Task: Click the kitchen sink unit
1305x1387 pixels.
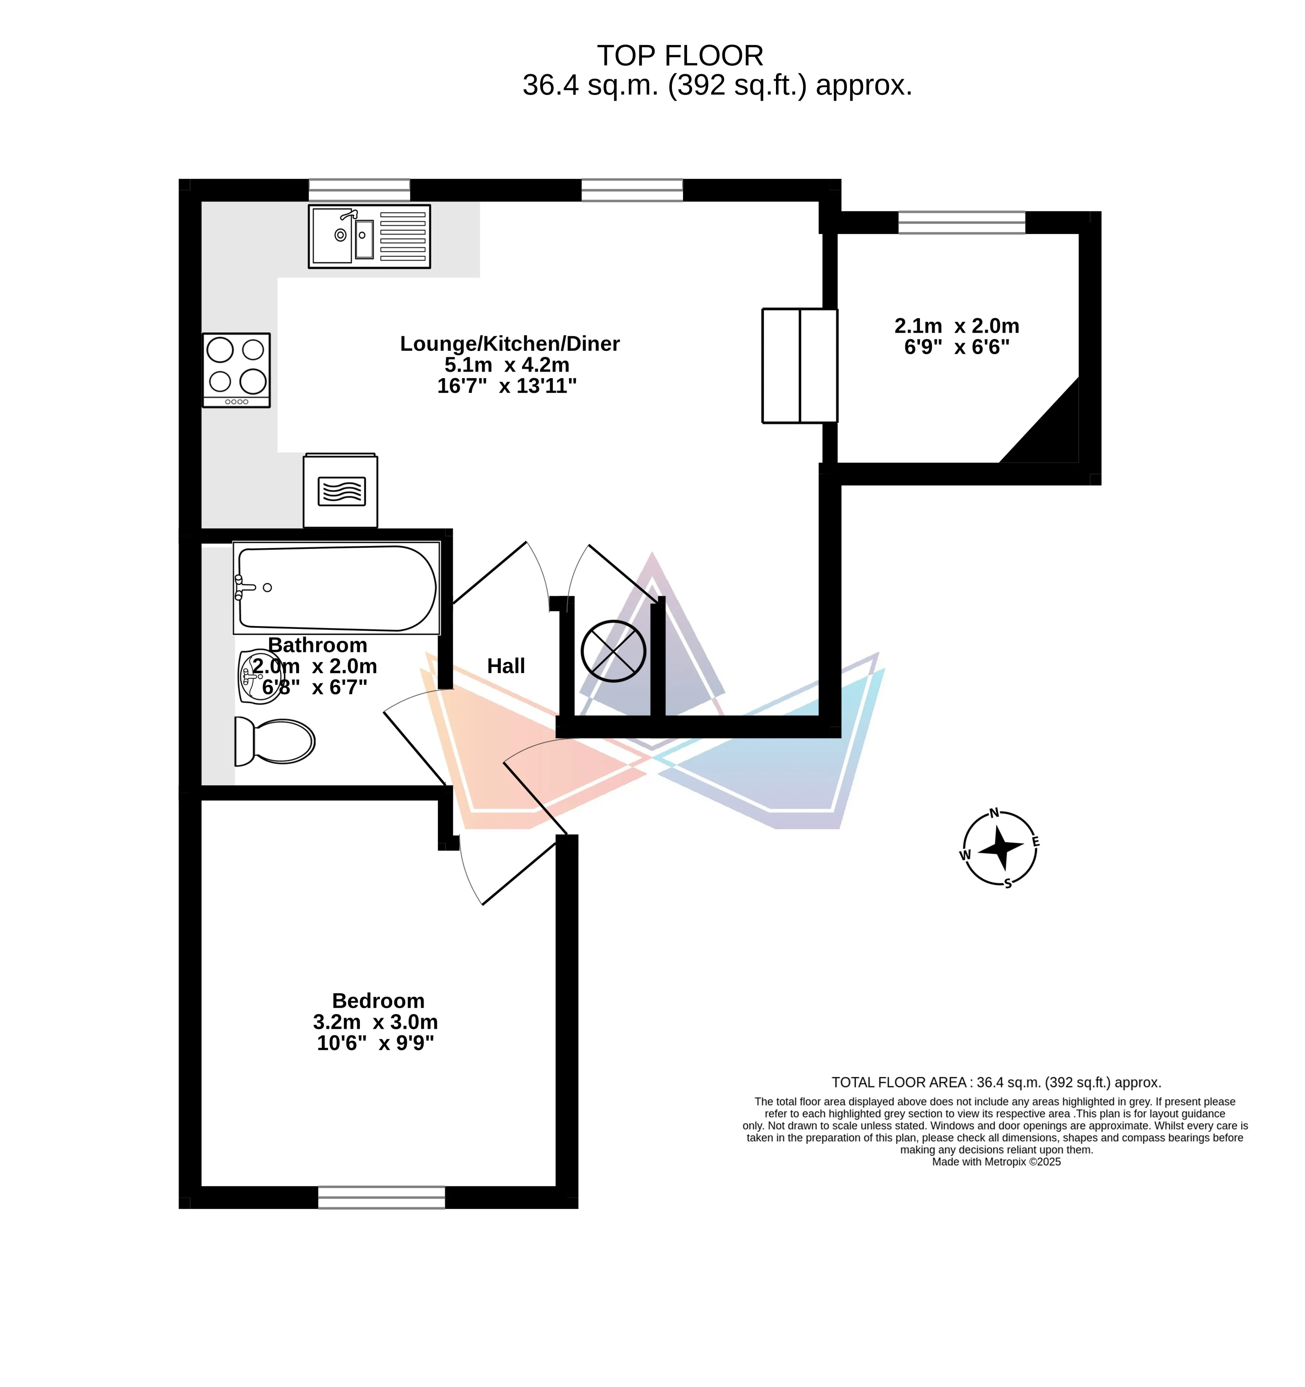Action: (369, 236)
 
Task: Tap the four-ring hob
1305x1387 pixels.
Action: (236, 370)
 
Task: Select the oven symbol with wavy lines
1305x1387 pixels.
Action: (341, 491)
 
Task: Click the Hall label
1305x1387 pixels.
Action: (506, 666)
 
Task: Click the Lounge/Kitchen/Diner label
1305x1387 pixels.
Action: (509, 343)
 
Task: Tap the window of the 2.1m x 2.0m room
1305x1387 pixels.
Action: (962, 222)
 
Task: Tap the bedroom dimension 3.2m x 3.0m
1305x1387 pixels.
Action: (375, 1022)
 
